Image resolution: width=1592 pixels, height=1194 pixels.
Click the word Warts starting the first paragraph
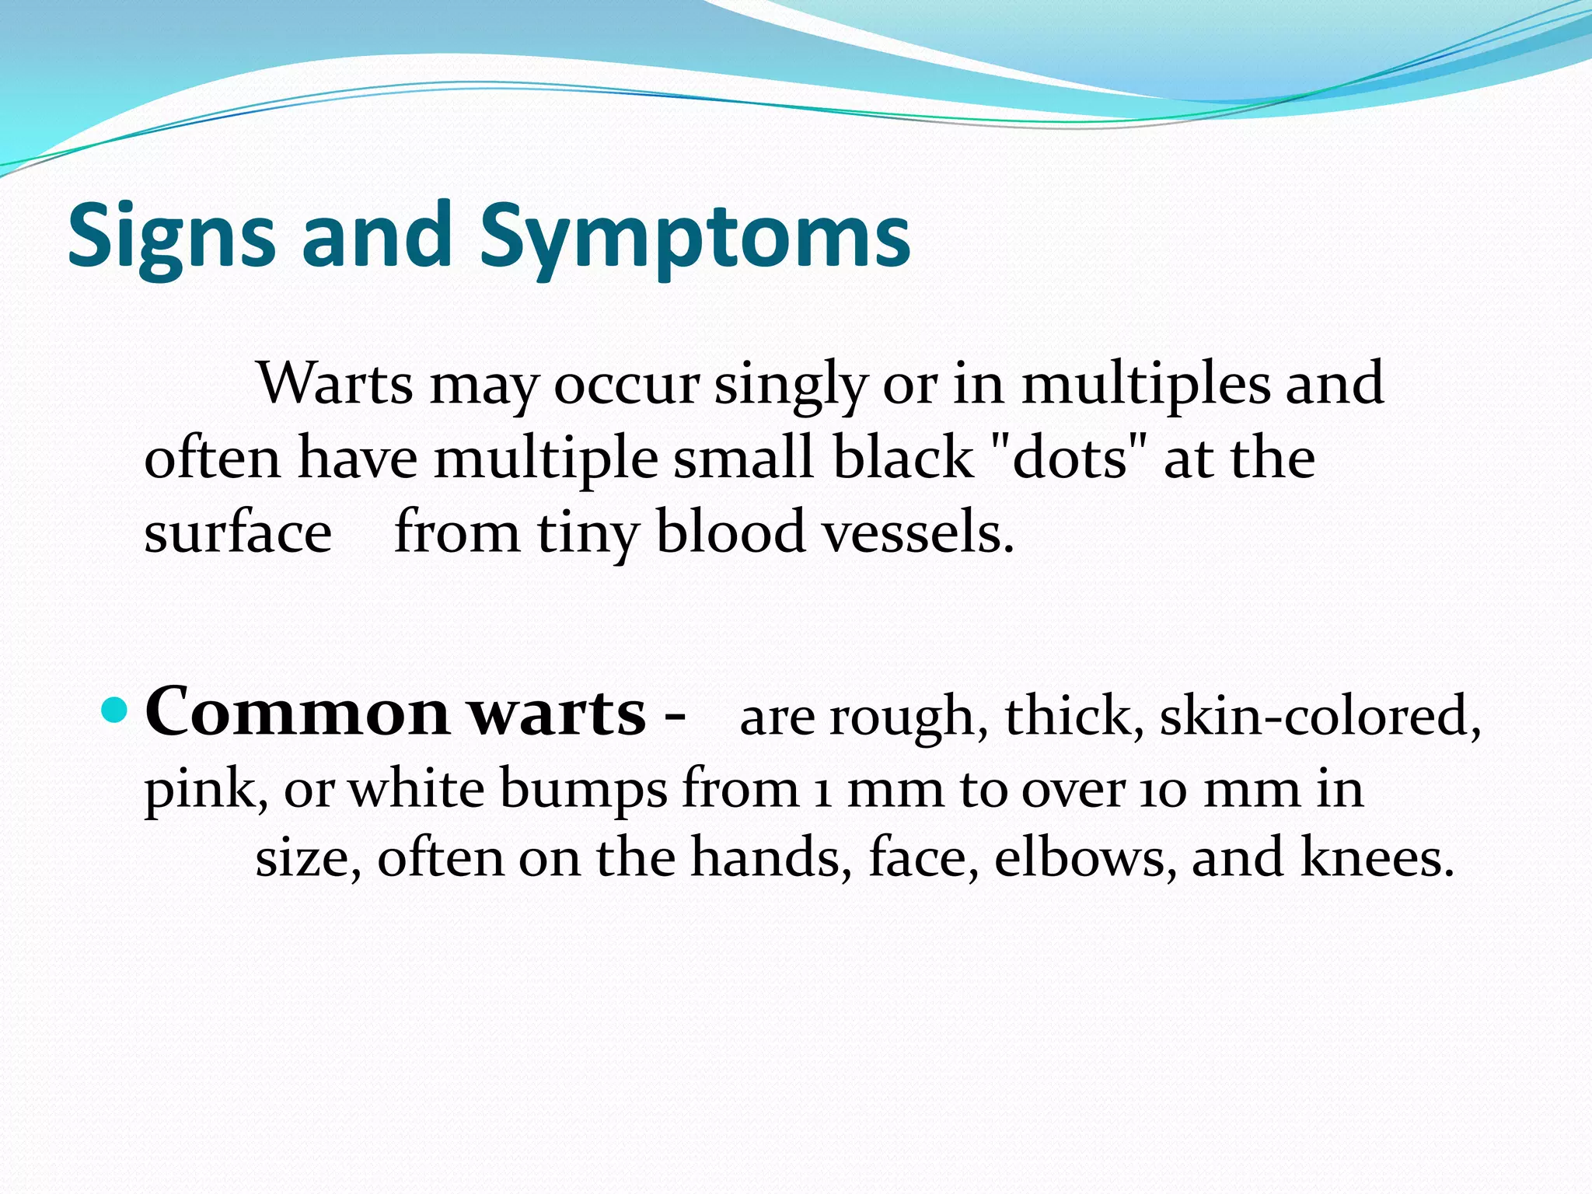[x=335, y=383]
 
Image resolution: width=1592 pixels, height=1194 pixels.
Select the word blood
[x=730, y=532]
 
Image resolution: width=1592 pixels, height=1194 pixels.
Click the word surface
[x=238, y=532]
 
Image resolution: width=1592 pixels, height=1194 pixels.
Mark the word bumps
[x=583, y=790]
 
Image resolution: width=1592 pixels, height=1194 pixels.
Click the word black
[x=902, y=458]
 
